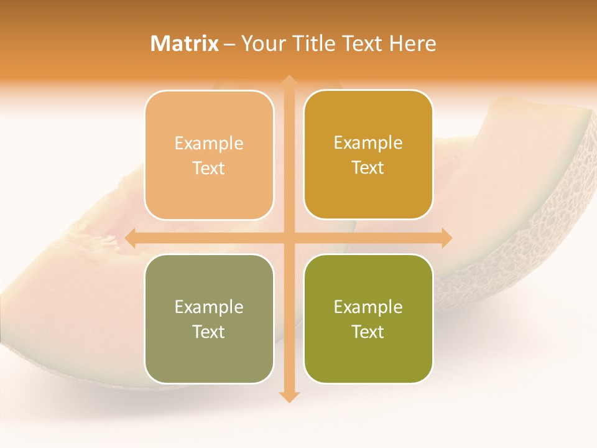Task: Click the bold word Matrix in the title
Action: pos(185,44)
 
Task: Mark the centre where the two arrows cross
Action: pos(289,238)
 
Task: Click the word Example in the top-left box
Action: pos(209,144)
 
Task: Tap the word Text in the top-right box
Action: pos(368,168)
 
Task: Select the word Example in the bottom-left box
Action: pos(209,307)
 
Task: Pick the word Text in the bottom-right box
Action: pos(368,332)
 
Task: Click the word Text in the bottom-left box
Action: pos(209,332)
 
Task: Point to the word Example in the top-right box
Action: pos(368,143)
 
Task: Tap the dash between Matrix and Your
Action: pos(229,44)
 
